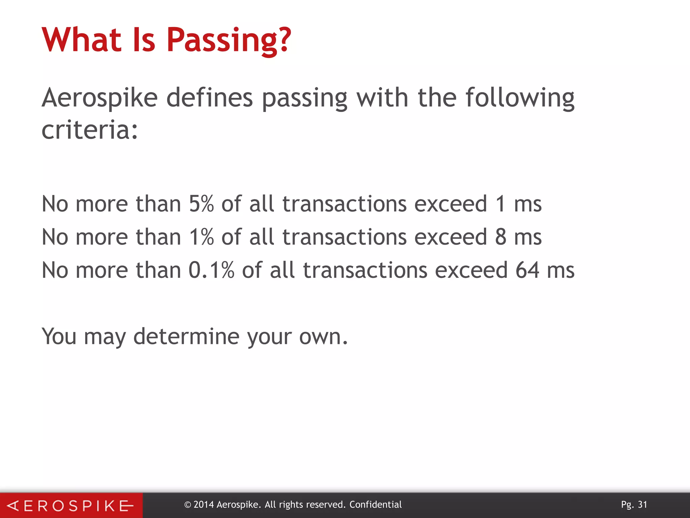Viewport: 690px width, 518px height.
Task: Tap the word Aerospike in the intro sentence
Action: (100, 98)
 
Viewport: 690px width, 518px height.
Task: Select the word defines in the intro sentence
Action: (209, 97)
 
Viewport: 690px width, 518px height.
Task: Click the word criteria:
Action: (90, 130)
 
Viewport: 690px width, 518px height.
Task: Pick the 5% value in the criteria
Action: (201, 204)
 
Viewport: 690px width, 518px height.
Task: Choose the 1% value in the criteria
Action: (201, 237)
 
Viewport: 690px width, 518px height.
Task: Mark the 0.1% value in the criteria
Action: (211, 270)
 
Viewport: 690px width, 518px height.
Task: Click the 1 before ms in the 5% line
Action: (501, 204)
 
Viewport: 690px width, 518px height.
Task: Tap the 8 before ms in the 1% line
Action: (501, 237)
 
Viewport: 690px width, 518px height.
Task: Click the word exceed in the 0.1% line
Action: (471, 270)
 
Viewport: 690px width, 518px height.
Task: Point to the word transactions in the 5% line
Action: (344, 204)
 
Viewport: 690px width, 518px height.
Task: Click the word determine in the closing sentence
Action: (186, 336)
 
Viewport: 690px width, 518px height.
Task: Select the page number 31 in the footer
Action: (642, 505)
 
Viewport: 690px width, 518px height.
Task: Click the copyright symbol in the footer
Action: (188, 505)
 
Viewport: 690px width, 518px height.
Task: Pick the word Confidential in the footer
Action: (375, 505)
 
